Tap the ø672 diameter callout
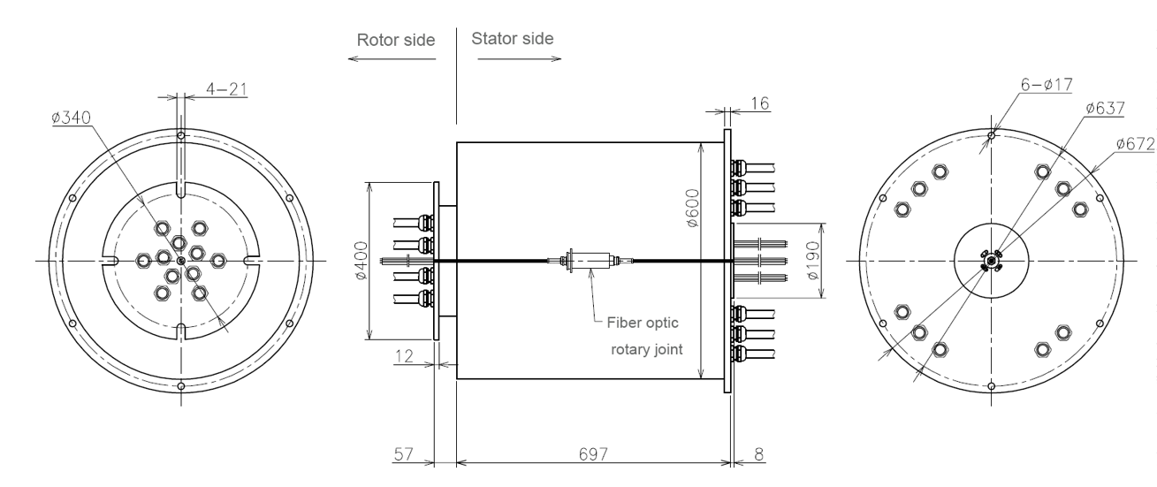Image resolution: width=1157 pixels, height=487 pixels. click(1136, 142)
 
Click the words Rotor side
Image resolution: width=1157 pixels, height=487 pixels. click(396, 40)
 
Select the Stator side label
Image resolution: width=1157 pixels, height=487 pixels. click(513, 40)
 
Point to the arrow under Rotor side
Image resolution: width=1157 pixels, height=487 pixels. click(392, 59)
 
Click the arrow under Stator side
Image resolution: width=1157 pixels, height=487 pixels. click(519, 59)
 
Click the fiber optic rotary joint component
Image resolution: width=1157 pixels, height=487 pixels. click(588, 261)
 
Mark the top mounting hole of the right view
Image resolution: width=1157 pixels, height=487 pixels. click(993, 135)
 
